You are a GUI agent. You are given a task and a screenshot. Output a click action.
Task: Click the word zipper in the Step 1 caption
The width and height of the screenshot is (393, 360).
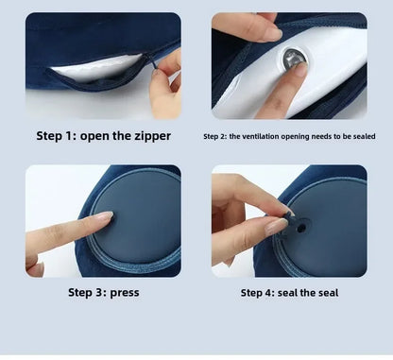click(x=151, y=136)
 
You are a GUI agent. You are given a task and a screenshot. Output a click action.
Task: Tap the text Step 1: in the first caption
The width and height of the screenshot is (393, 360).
click(x=57, y=136)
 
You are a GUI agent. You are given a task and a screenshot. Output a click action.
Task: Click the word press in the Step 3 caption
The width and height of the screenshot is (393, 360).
click(x=124, y=292)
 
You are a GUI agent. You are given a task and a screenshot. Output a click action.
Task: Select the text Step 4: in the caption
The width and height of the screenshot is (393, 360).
click(x=258, y=292)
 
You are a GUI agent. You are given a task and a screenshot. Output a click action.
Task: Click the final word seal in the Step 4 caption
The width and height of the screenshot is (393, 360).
click(x=326, y=292)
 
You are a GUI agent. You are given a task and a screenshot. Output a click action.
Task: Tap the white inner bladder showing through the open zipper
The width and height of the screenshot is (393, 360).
click(x=94, y=68)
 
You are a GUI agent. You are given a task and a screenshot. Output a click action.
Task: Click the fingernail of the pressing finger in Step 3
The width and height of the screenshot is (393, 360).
click(x=98, y=218)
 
